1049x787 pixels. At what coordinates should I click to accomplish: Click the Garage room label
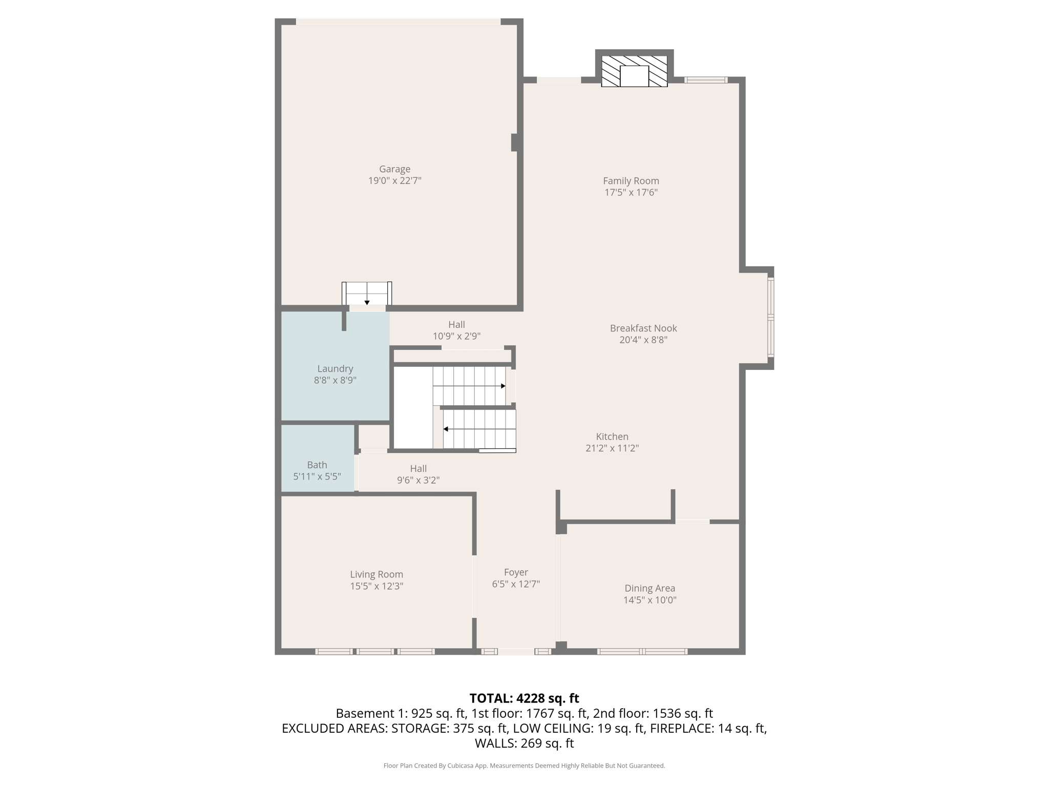click(394, 169)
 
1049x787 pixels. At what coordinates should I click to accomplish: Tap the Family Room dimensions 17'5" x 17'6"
click(631, 193)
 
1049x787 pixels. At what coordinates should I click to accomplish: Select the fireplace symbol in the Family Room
click(634, 71)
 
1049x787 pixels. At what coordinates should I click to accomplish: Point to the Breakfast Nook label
click(643, 328)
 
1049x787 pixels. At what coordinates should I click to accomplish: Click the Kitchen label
click(612, 437)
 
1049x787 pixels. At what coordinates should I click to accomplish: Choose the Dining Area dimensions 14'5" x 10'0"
click(650, 600)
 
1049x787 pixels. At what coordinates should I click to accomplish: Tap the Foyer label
click(516, 572)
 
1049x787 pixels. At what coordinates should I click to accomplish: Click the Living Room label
click(376, 574)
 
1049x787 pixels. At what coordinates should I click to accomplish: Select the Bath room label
click(317, 465)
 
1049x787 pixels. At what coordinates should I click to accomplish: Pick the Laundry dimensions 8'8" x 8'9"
click(335, 380)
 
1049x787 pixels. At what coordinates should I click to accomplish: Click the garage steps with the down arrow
click(367, 294)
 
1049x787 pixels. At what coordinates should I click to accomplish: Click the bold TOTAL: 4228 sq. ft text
click(524, 698)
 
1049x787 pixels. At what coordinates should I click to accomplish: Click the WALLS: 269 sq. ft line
click(524, 743)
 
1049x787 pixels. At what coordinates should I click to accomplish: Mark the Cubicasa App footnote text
click(524, 765)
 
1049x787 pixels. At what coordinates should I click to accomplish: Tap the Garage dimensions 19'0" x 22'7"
click(394, 181)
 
